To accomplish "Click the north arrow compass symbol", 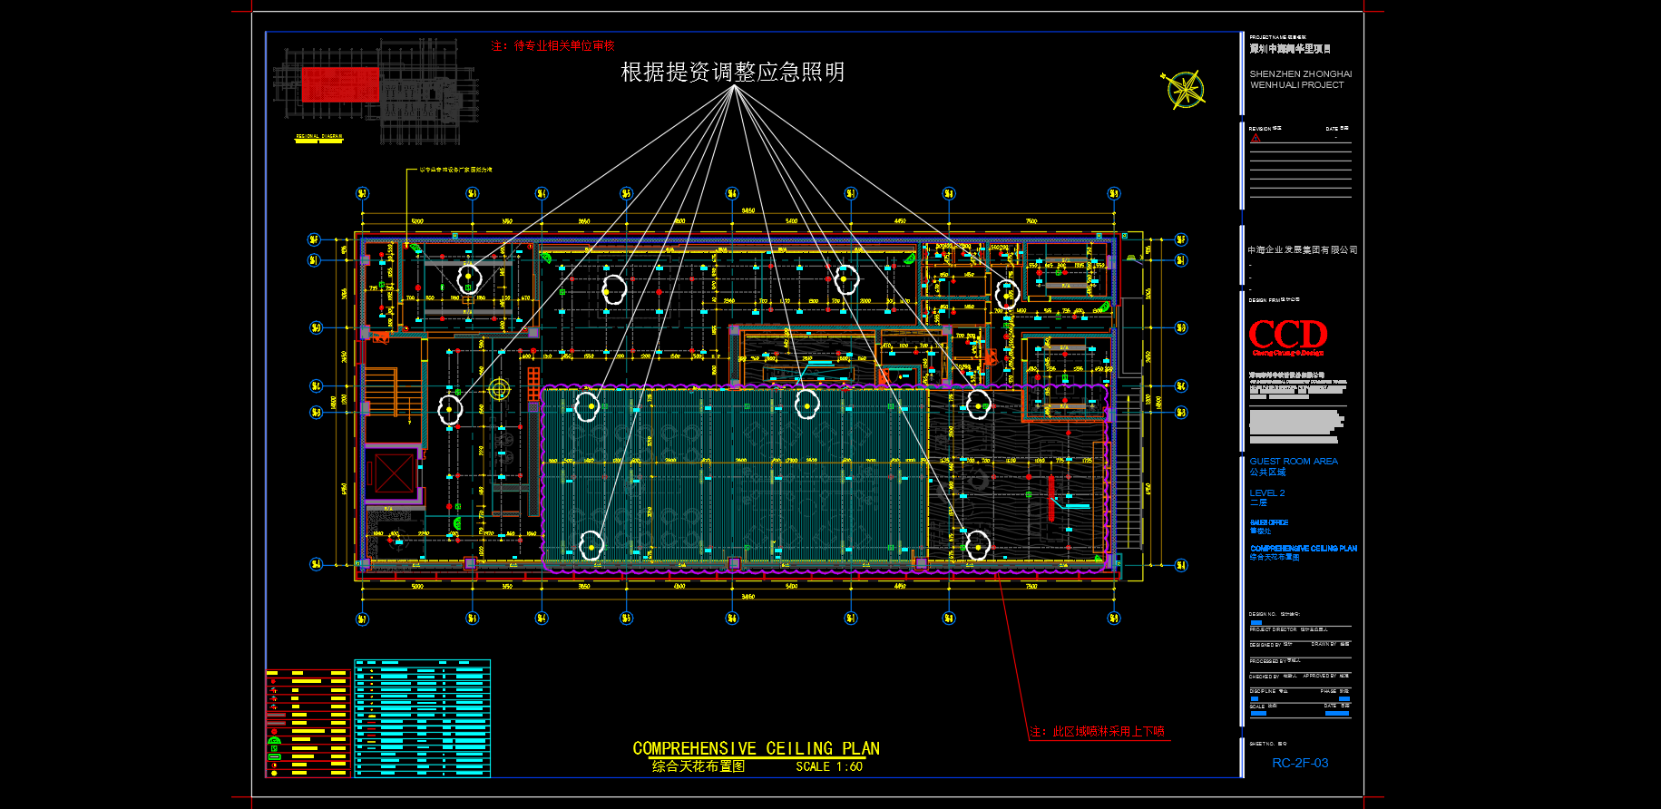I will coord(1185,90).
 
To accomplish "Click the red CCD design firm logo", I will coord(1287,335).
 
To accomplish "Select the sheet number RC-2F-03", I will coord(1299,763).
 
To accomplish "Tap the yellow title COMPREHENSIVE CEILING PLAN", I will coord(756,748).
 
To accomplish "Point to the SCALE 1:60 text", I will coord(829,766).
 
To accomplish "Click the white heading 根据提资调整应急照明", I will coord(732,72).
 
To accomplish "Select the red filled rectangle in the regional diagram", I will coord(339,84).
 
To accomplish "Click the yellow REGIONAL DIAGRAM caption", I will coord(319,136).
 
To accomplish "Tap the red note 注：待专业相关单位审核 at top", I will coord(552,45).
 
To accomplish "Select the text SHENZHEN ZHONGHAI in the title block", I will coord(1300,74).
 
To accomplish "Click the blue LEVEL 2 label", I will coord(1266,492).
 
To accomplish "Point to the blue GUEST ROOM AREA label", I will coord(1293,461).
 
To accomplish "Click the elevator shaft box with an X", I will coord(393,473).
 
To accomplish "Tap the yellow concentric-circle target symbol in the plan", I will coord(499,389).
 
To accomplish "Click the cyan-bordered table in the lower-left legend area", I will coord(422,718).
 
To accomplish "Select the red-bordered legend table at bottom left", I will coord(308,723).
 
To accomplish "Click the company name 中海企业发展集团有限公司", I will coord(1302,249).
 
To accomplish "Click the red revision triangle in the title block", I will coord(1256,139).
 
